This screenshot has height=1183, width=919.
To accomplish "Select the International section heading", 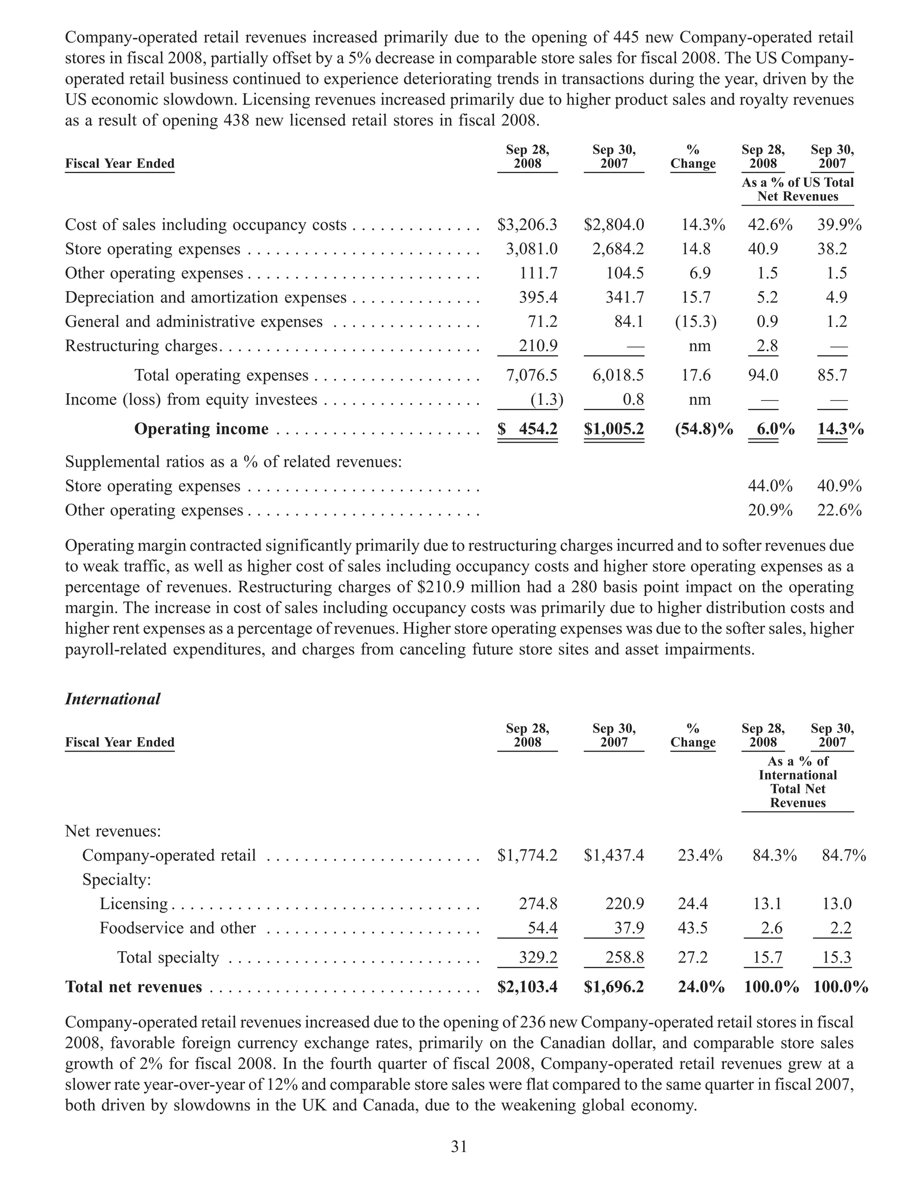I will (113, 699).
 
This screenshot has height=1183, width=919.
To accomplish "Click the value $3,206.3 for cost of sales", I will (527, 225).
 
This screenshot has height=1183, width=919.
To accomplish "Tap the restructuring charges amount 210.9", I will (538, 346).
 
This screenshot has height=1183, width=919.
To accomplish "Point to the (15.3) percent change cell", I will (695, 322).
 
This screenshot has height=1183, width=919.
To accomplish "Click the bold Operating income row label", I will (201, 429).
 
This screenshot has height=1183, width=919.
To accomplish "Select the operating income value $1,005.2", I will (614, 429).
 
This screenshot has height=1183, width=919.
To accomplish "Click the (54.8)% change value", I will (703, 429).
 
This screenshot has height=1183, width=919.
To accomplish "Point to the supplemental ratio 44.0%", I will (770, 486).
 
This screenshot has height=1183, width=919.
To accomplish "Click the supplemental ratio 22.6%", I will (839, 510).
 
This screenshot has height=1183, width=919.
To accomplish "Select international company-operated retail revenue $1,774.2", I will (527, 855).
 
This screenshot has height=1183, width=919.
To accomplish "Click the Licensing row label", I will (134, 904).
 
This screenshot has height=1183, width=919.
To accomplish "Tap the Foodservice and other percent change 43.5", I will (692, 928).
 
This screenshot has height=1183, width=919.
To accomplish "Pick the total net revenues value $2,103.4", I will (527, 987).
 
